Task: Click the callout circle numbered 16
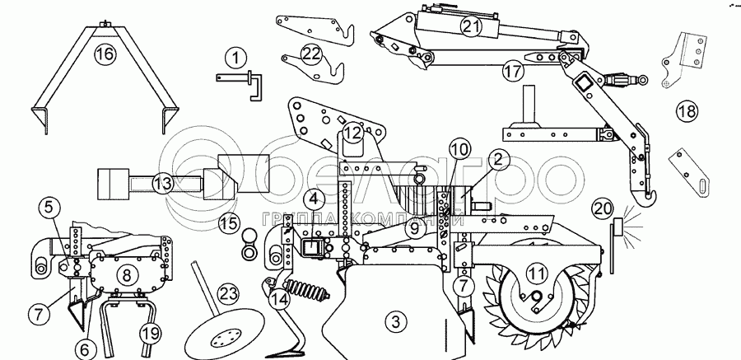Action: point(104,55)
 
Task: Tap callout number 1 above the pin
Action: point(235,58)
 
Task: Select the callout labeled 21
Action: point(470,26)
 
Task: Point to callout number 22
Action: point(311,54)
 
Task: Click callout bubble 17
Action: point(513,71)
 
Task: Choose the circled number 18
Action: point(686,110)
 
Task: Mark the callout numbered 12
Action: point(352,132)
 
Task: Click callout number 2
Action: point(500,161)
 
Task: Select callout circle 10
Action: point(459,149)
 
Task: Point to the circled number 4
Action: point(313,198)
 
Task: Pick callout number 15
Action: point(229,222)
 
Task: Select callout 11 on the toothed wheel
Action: point(536,272)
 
